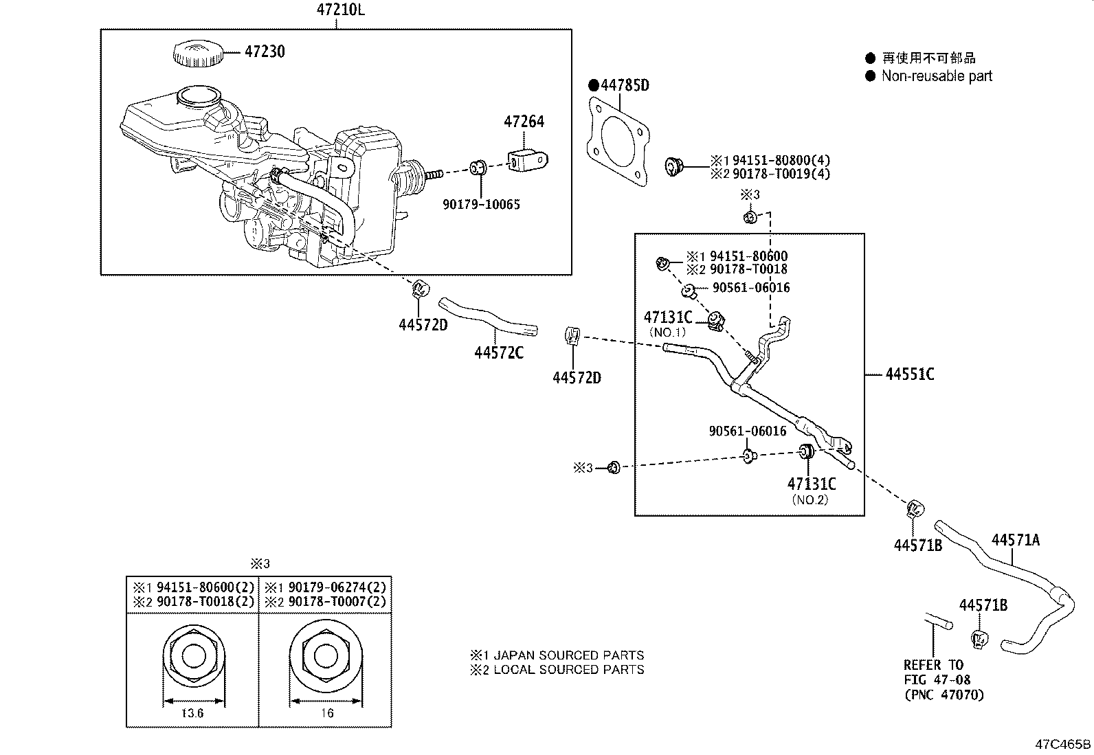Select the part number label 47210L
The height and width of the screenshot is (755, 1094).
pos(337,10)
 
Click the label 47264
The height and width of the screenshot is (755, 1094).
pos(524,122)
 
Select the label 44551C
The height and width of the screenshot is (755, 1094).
pos(909,374)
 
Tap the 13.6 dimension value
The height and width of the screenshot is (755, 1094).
pos(192,714)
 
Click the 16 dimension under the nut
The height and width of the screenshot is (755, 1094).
pos(326,714)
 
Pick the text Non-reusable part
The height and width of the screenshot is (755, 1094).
pos(937,76)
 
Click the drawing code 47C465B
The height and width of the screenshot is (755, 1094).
pos(1063,745)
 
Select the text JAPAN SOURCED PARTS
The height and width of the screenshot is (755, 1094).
pos(568,655)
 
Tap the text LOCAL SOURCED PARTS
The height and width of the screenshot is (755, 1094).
pos(568,670)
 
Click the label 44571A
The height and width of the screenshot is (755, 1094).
pos(1015,540)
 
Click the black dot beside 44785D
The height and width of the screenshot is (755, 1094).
pos(594,86)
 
